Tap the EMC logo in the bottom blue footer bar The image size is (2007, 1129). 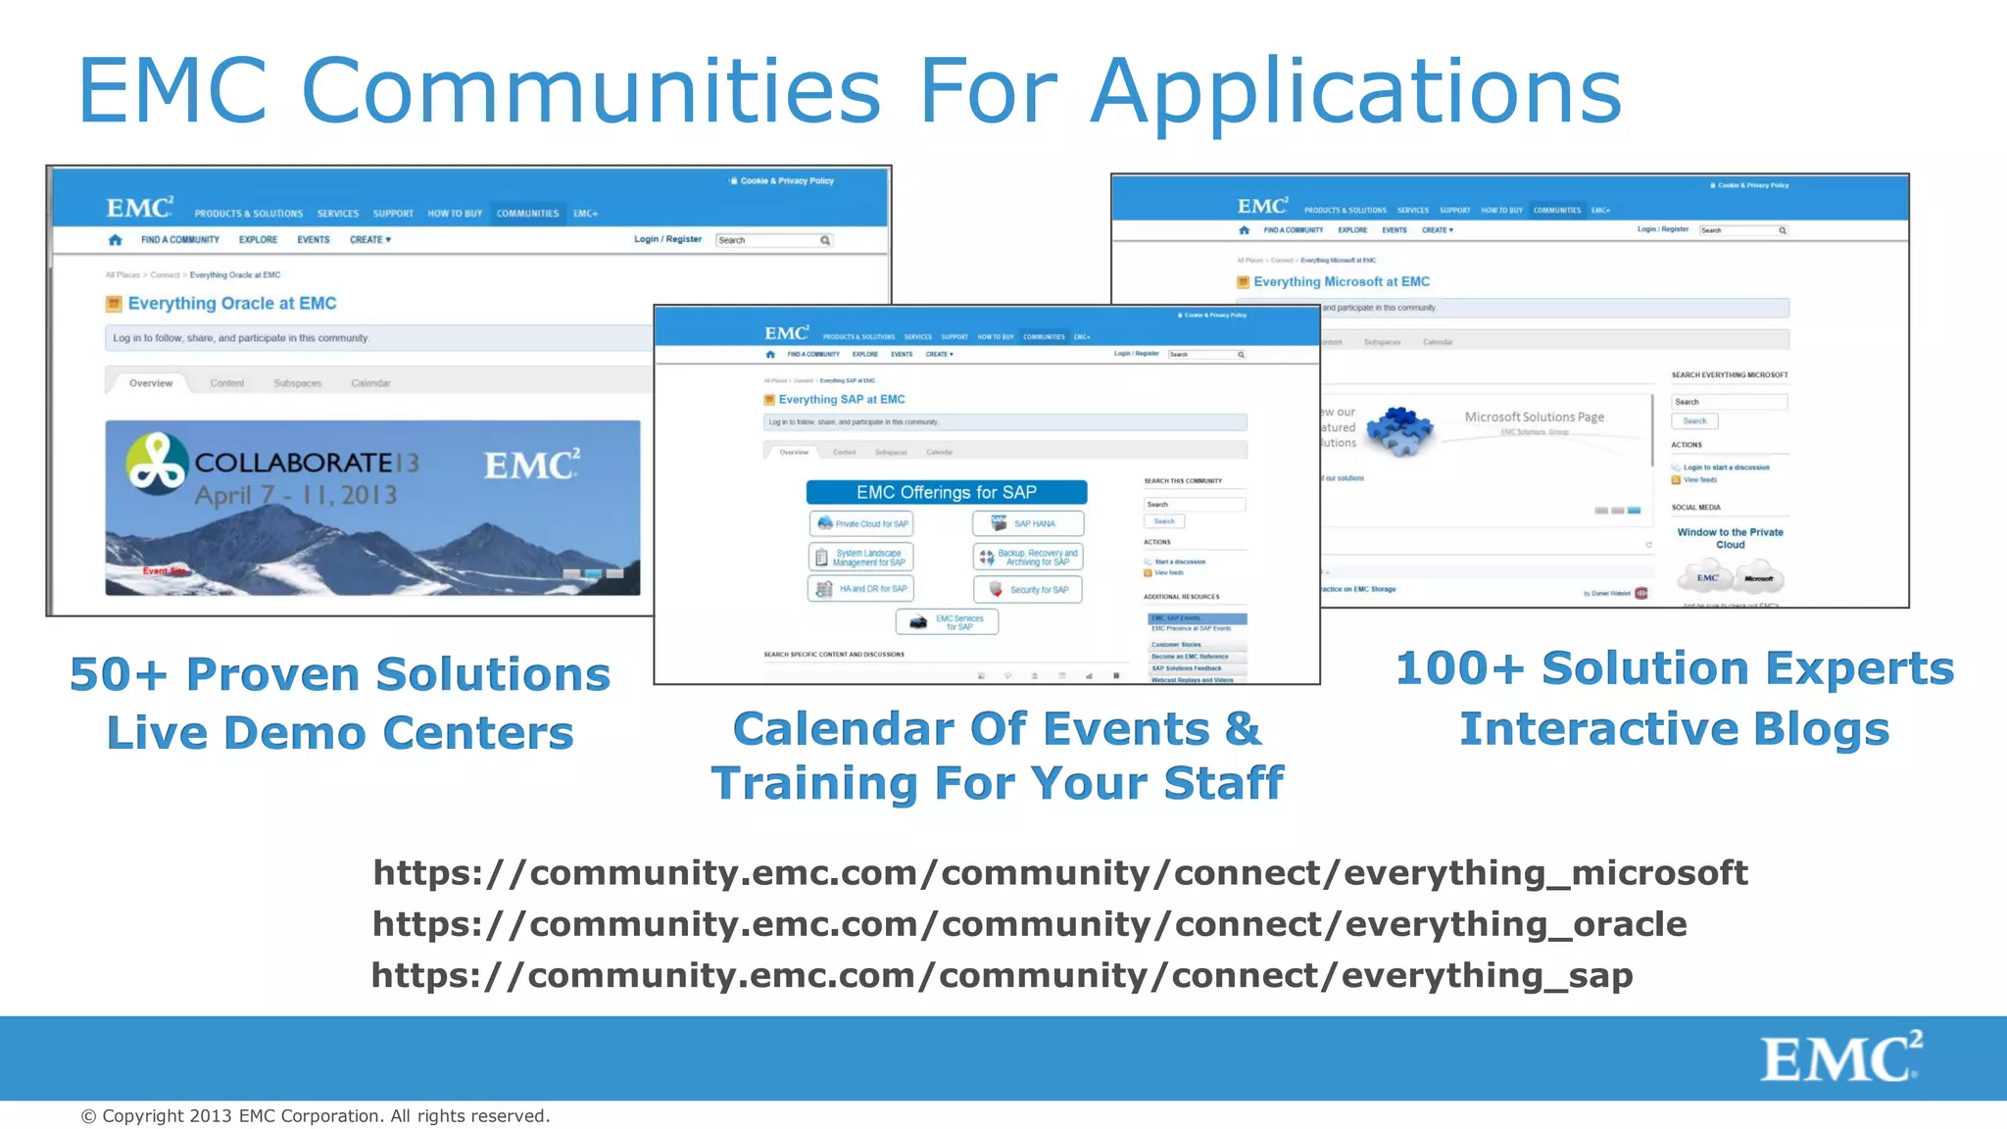tap(1840, 1057)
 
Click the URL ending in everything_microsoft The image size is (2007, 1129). tap(1059, 872)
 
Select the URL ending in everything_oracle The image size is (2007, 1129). tap(1029, 924)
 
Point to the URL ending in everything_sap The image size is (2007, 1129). tap(1002, 975)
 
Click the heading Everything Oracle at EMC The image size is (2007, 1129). tap(232, 304)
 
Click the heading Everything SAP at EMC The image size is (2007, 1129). tap(841, 400)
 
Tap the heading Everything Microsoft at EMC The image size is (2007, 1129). tap(1341, 282)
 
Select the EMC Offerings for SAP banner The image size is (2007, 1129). tap(946, 492)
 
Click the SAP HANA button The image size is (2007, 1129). tap(1028, 523)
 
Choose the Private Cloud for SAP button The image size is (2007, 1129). tap(862, 523)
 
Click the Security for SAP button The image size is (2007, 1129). tap(1028, 590)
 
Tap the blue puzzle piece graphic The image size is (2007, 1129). tap(1399, 431)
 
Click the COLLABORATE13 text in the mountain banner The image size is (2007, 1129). tap(306, 463)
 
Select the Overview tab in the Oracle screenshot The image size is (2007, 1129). tap(151, 383)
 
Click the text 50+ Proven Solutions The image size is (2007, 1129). tap(339, 675)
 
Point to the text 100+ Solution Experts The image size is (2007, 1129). tap(1674, 669)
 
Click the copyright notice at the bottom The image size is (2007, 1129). tap(316, 1116)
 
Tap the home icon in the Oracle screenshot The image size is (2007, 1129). tap(116, 240)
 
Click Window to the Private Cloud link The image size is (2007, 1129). tap(1730, 538)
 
